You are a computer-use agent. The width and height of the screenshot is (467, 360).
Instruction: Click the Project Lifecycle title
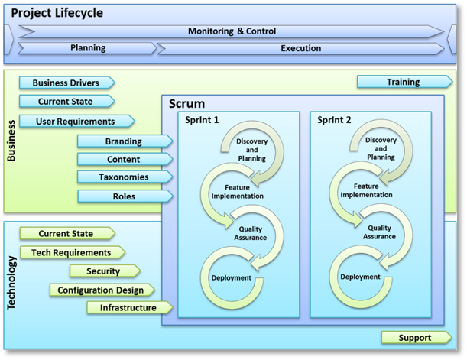[57, 13]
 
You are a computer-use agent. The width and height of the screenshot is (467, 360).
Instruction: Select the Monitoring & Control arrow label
[232, 31]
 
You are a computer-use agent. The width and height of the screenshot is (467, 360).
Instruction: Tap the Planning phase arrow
[88, 48]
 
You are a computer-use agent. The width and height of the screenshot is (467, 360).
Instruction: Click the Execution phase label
[300, 48]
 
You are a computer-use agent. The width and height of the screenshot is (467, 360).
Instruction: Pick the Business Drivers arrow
[66, 83]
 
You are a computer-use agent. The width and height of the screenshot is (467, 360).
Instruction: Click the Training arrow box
[402, 83]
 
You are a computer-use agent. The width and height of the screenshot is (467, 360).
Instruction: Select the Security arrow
[104, 271]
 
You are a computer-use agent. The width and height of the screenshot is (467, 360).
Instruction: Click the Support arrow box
[414, 338]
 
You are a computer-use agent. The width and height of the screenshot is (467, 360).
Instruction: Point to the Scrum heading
[186, 103]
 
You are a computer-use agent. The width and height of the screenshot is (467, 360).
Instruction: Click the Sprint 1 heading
[202, 120]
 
